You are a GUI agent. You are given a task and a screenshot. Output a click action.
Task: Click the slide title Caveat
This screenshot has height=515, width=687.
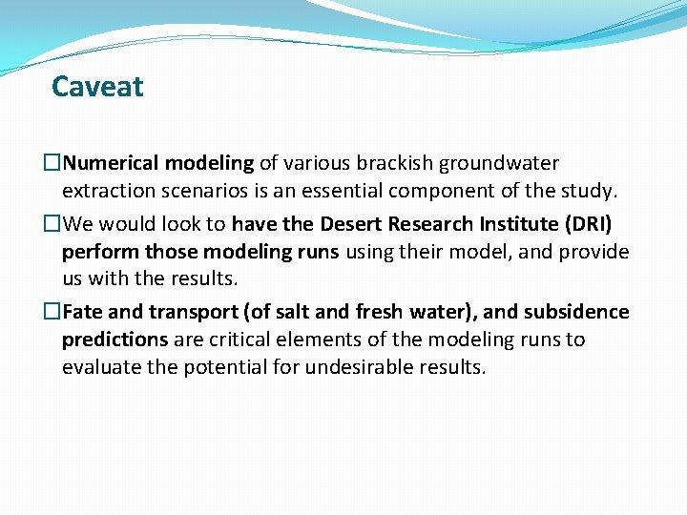click(97, 87)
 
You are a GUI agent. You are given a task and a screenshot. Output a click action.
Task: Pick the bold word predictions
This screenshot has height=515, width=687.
click(114, 340)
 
